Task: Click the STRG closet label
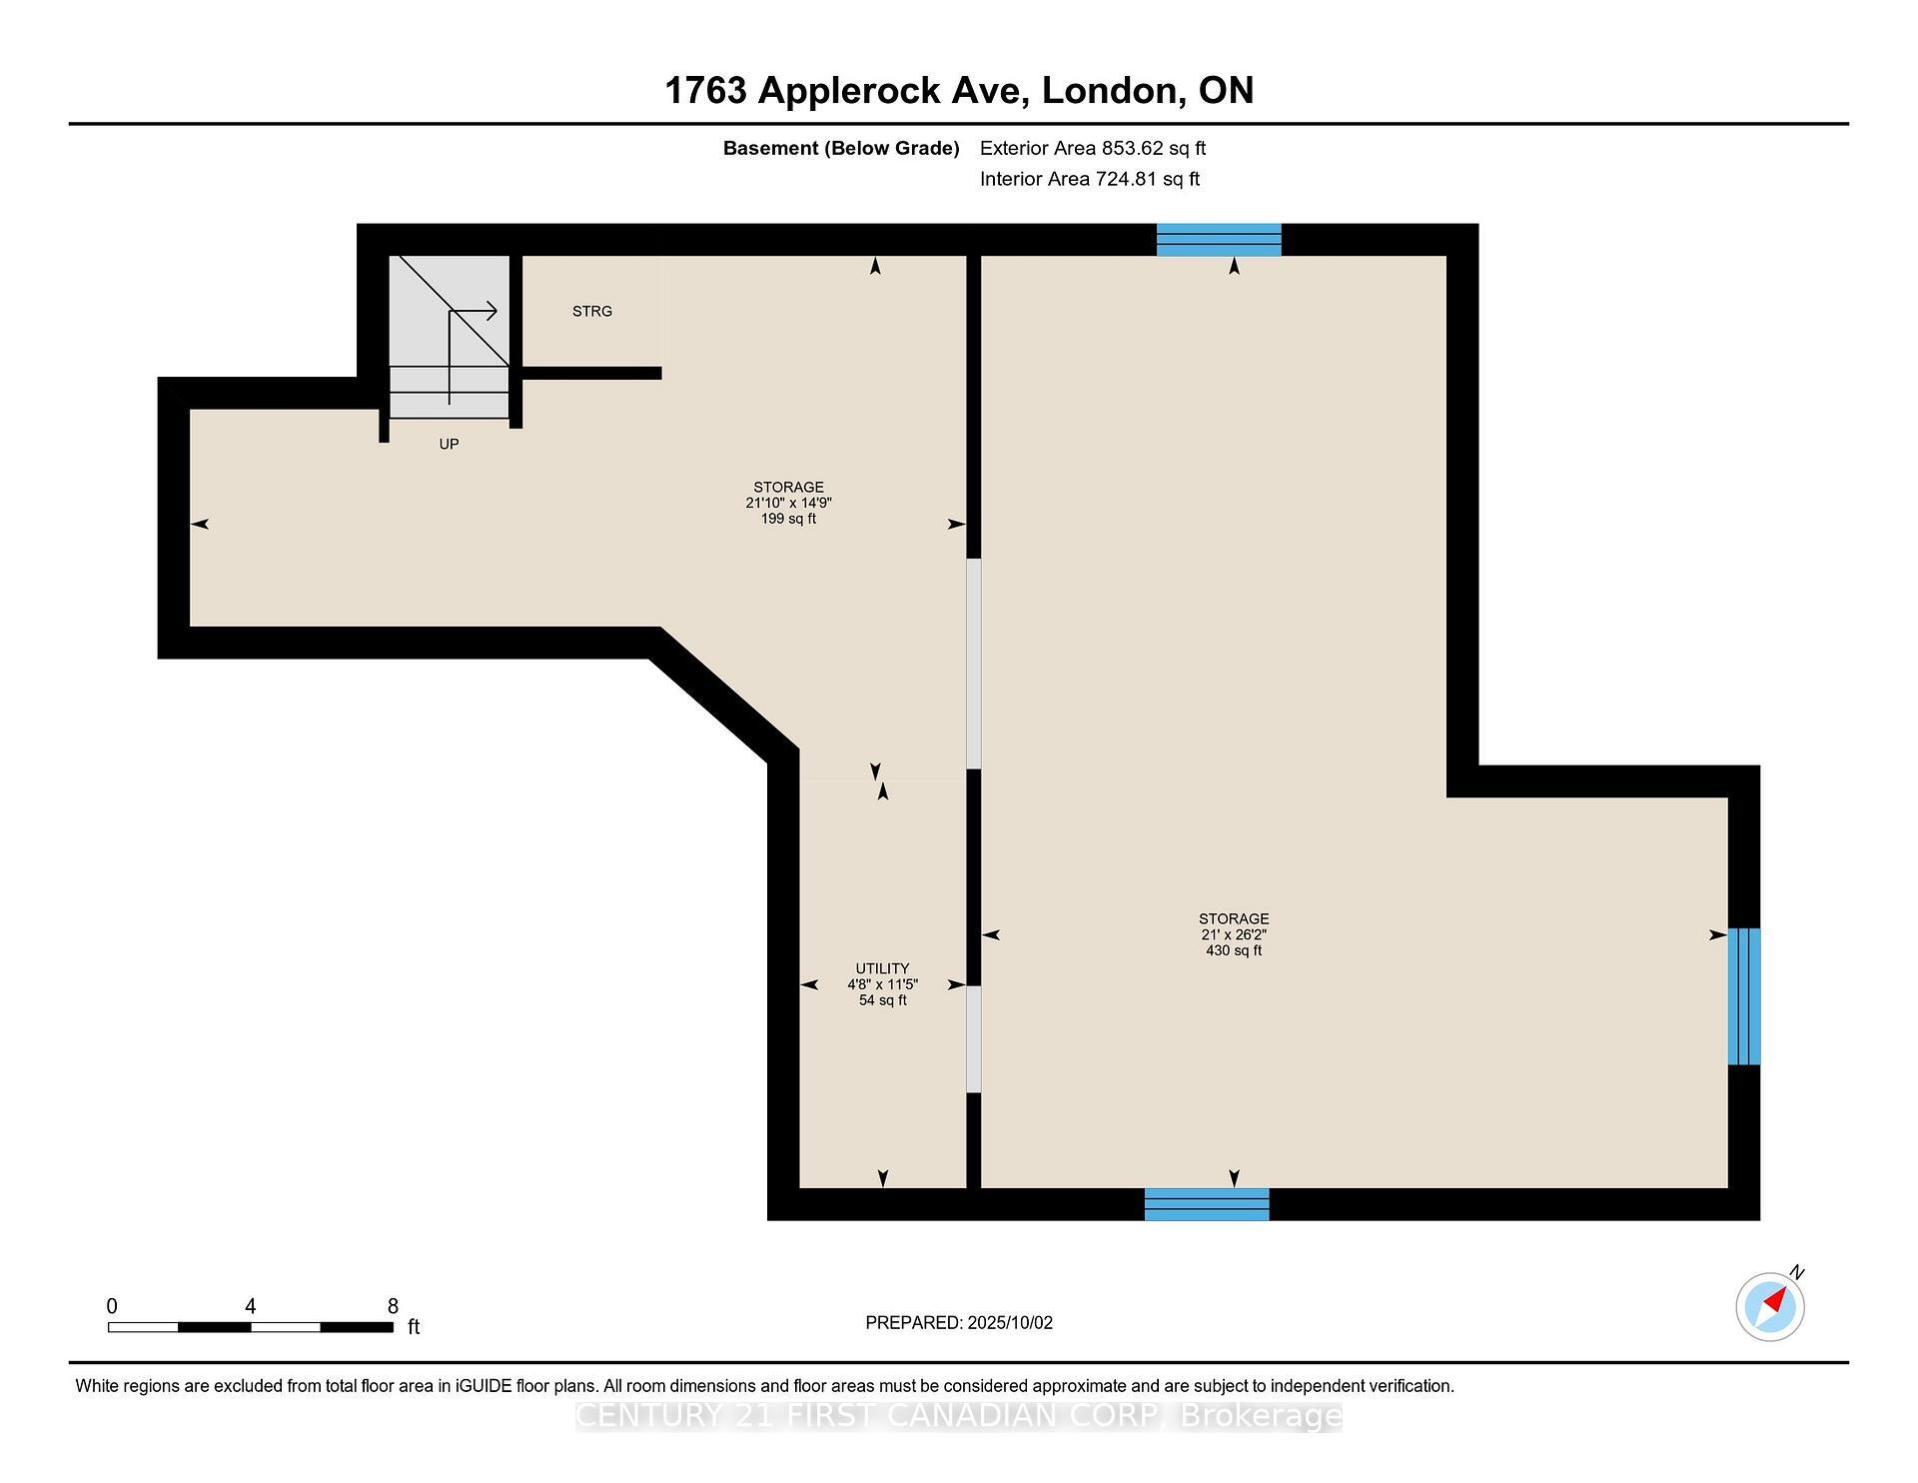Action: tap(591, 311)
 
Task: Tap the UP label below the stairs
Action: tap(449, 444)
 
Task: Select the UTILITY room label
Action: tap(882, 967)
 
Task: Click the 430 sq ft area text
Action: tap(1233, 950)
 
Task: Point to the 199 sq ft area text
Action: tap(788, 519)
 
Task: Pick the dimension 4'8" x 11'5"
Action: tap(882, 984)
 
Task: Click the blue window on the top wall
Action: tap(1218, 240)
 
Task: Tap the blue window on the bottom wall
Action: tap(1206, 1204)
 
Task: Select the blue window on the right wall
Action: tap(1743, 996)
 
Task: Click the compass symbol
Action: tap(1769, 1306)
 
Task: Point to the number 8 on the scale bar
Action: tap(393, 1306)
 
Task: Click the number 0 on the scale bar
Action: tap(112, 1306)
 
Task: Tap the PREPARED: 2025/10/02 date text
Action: tap(958, 1322)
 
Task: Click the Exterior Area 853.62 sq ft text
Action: tap(1092, 148)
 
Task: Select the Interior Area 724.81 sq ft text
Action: tap(1089, 179)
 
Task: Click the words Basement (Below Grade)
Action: tap(840, 148)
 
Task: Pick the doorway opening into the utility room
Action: tap(973, 1039)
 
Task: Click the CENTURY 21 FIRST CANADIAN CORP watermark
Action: tap(958, 1416)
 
